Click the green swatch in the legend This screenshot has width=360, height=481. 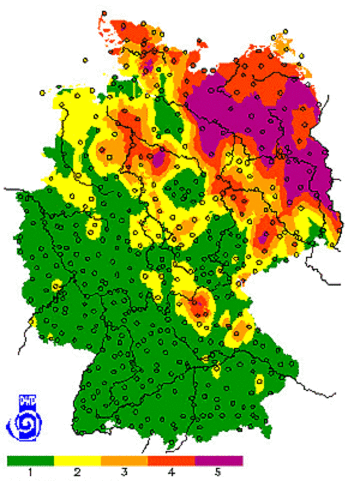pos(31,461)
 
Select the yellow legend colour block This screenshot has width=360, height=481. pos(77,461)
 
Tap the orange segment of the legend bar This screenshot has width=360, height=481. pos(124,461)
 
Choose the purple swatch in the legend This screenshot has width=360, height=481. pos(219,461)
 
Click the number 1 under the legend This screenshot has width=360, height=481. pos(31,473)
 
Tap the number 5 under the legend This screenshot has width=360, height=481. pos(219,473)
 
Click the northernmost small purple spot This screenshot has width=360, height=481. pos(148,63)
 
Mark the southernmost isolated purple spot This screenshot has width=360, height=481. pos(262,239)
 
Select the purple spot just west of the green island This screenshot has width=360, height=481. pos(158,160)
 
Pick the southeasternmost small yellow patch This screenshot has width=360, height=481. pos(260,382)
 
